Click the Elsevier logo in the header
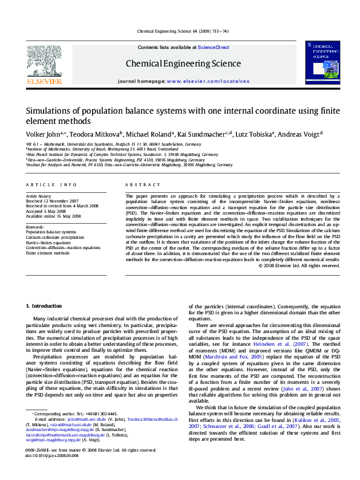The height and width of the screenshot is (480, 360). [x=44, y=65]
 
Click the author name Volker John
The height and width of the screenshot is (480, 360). [x=42, y=134]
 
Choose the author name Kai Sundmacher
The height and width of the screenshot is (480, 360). [x=199, y=134]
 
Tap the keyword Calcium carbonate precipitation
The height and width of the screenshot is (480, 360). [x=55, y=238]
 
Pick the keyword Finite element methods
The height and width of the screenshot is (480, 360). [x=48, y=253]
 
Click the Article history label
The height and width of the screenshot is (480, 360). [x=38, y=196]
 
